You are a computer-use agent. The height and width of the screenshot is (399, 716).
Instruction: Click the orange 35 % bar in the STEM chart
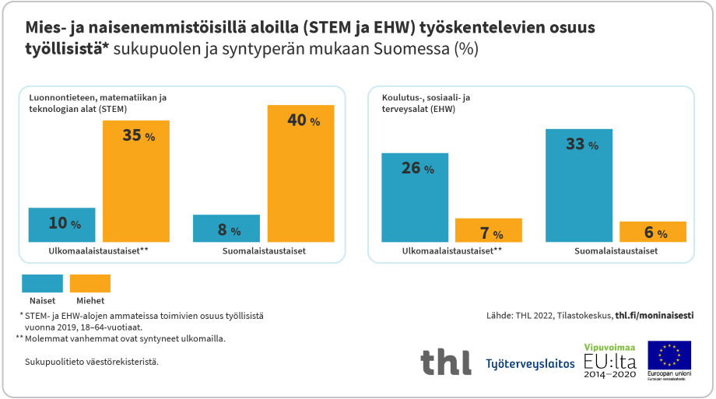(136, 180)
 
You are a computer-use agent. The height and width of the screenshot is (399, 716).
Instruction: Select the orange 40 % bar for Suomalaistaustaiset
(300, 173)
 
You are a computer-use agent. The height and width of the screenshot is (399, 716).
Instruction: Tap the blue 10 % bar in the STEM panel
(61, 225)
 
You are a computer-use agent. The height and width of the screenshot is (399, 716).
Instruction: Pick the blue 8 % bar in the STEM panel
(226, 228)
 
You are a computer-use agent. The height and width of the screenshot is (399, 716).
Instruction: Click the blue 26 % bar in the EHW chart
(414, 197)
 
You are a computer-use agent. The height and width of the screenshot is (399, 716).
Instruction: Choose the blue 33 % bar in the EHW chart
(579, 185)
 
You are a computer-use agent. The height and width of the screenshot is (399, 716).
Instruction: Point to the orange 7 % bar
(488, 230)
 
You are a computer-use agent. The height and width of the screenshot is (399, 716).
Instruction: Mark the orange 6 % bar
(652, 232)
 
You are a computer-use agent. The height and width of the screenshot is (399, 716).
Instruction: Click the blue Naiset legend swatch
(42, 283)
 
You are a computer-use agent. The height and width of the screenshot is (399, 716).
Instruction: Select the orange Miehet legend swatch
(90, 283)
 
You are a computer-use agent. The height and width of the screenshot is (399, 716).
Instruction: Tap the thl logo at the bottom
(445, 362)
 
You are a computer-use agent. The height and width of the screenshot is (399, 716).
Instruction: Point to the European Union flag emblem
(669, 355)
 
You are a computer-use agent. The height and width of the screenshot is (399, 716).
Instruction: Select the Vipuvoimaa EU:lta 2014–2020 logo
(609, 361)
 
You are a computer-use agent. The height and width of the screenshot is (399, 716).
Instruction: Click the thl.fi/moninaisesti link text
(654, 316)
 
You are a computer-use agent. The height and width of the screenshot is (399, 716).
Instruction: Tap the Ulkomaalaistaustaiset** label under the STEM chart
(87, 251)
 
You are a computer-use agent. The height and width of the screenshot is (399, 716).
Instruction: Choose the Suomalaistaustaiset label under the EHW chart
(616, 251)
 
